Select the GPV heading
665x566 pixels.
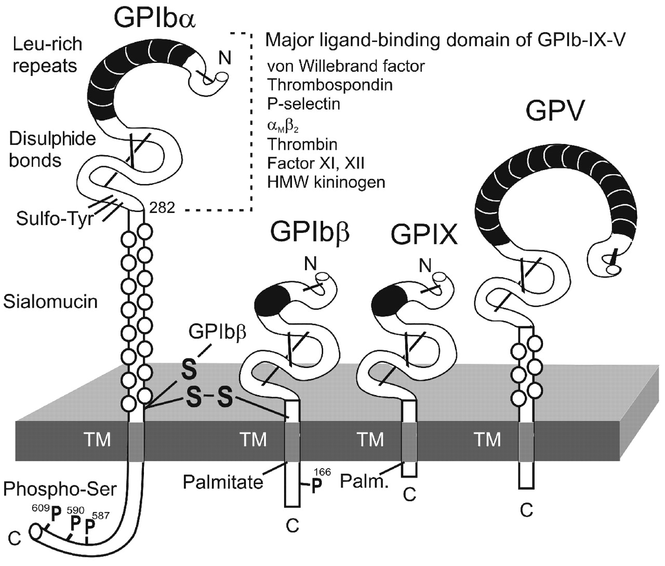point(554,110)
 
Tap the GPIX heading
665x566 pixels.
point(424,235)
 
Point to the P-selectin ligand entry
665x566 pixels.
point(303,104)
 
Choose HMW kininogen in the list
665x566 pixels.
point(326,182)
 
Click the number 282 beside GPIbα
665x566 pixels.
point(162,208)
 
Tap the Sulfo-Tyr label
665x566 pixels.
point(55,218)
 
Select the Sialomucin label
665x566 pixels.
point(50,301)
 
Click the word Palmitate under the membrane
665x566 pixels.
point(223,482)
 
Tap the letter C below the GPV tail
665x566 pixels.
point(526,510)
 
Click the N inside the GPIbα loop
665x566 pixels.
point(224,58)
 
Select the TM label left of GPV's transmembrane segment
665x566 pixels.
point(488,439)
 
